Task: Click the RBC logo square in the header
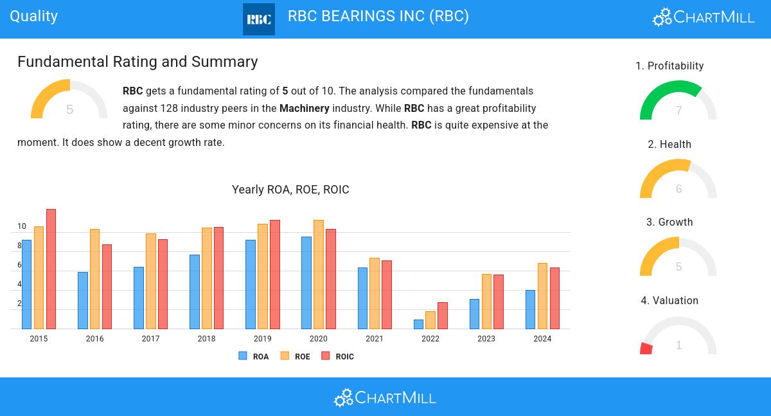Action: (258, 19)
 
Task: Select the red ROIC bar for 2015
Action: (51, 269)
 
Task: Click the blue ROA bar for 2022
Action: (419, 324)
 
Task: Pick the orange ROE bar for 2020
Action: (319, 275)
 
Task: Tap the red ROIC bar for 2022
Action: (443, 316)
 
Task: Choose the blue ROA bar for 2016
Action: (83, 300)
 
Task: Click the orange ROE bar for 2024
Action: (542, 296)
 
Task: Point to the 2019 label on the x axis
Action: (262, 339)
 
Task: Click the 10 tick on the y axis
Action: (22, 226)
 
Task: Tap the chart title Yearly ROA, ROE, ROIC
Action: (290, 190)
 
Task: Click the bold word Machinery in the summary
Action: (305, 108)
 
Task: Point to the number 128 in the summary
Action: (169, 108)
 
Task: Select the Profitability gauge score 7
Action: (678, 111)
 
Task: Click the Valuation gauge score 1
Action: (678, 345)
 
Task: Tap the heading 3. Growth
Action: (669, 222)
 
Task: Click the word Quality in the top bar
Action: (34, 16)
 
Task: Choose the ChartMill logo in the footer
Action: (385, 397)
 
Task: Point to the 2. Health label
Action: (669, 145)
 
